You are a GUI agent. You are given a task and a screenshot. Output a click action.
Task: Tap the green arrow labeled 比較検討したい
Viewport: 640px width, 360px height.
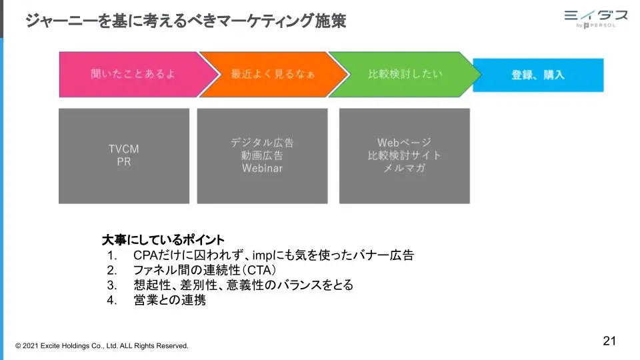[x=404, y=74]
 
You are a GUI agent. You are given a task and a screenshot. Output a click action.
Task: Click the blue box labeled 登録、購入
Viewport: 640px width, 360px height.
[x=538, y=75]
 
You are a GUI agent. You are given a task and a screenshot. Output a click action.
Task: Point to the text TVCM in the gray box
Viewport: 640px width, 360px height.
[x=124, y=149]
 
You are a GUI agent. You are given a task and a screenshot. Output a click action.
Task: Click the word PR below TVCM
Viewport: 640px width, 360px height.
[x=124, y=161]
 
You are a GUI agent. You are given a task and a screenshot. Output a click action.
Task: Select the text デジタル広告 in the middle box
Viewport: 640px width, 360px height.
[x=262, y=143]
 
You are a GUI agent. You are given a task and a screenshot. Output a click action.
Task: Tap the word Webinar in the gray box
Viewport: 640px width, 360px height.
[x=262, y=168]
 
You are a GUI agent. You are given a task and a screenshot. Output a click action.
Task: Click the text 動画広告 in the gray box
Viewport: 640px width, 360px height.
[x=262, y=155]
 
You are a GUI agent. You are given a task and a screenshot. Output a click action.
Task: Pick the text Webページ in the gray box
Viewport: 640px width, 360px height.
[x=404, y=143]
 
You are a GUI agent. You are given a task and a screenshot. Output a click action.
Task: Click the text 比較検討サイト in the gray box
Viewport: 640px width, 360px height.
[x=404, y=155]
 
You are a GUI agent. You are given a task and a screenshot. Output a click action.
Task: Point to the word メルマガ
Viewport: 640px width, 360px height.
[x=404, y=168]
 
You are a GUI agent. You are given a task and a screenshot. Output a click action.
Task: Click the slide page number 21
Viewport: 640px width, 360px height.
[x=609, y=341]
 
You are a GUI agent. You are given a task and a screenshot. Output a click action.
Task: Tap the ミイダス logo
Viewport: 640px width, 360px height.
[x=596, y=19]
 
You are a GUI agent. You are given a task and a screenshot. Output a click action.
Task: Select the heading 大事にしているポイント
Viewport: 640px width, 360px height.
[x=163, y=239]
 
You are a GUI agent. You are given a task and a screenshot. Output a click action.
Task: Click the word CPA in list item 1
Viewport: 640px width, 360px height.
[x=145, y=255]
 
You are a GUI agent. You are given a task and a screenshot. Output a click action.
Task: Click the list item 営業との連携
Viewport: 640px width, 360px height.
[x=170, y=300]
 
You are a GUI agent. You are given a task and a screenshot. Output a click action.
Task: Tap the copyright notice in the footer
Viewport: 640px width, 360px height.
[x=102, y=346]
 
